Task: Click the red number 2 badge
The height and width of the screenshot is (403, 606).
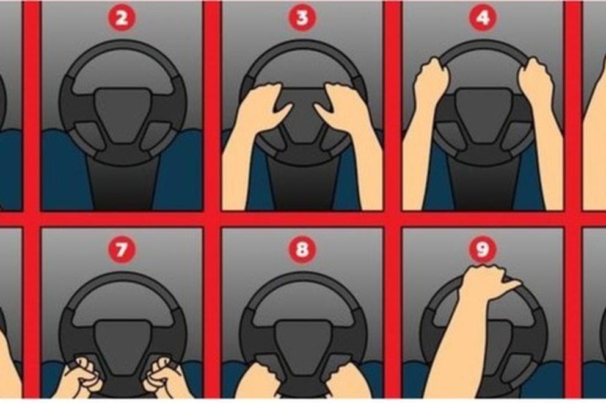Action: coord(122,18)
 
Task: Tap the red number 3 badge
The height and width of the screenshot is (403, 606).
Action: coord(302,18)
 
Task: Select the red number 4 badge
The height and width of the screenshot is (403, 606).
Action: coord(483,18)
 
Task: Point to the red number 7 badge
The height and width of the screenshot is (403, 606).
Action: coord(122,249)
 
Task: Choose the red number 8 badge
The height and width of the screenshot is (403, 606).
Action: coord(302,249)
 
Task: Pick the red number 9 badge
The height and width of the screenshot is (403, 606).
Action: coord(483,249)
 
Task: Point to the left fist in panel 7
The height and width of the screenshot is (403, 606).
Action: coord(83,376)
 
